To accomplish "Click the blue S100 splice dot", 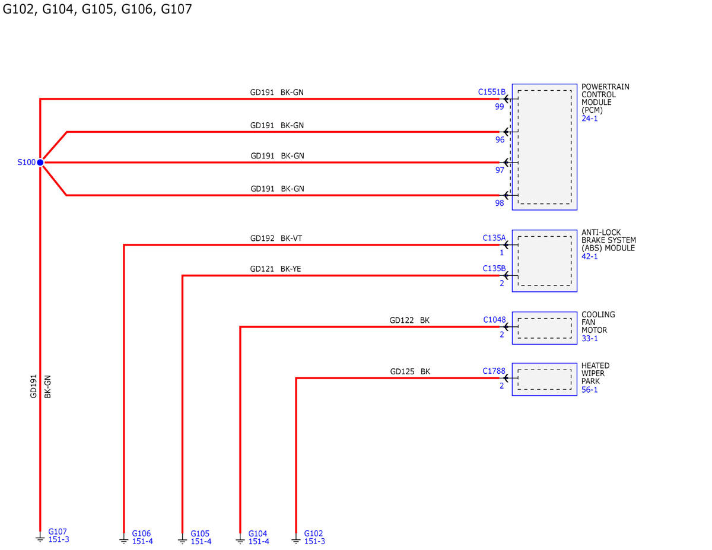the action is click(40, 163).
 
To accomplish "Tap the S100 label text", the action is click(26, 163).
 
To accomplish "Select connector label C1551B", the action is click(491, 92).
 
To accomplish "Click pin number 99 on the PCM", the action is click(500, 107).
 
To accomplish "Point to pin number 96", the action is click(500, 140).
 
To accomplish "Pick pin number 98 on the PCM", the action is click(500, 203).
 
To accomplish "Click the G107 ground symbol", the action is click(40, 538).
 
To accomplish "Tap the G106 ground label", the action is click(141, 533).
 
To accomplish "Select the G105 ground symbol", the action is click(183, 539).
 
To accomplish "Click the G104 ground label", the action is click(258, 533).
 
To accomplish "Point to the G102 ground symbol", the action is click(296, 539).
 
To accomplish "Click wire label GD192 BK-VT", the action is click(276, 239).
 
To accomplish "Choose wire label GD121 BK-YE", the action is click(275, 269).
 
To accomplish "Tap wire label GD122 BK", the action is click(409, 320).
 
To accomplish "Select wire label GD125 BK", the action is click(410, 371).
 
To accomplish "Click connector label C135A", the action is click(494, 238).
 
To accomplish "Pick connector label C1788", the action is click(494, 371).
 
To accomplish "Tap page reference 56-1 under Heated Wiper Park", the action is click(589, 390).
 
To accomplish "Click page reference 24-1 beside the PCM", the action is click(589, 119).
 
